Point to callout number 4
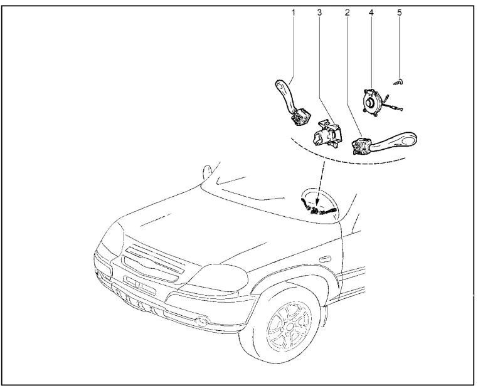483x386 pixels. (372, 12)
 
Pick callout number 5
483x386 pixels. (399, 12)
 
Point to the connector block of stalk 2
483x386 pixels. (360, 147)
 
